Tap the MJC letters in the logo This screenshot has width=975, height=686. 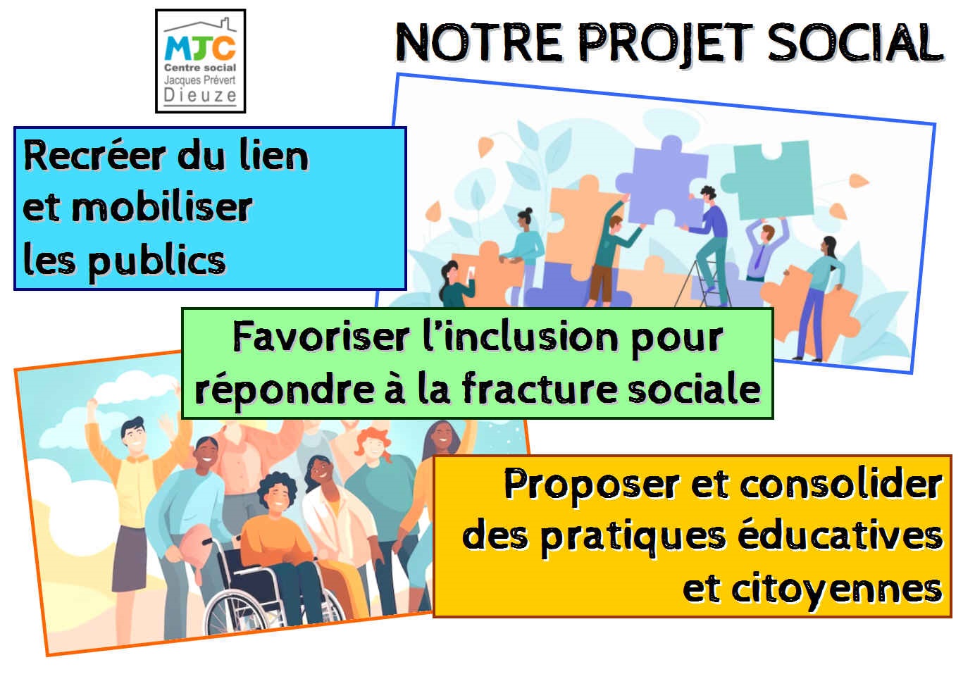pyautogui.click(x=200, y=48)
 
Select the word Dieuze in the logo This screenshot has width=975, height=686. pyautogui.click(x=200, y=95)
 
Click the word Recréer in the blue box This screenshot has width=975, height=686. pyautogui.click(x=94, y=156)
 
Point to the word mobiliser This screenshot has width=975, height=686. pyautogui.click(x=161, y=207)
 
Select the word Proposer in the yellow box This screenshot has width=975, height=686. pyautogui.click(x=591, y=486)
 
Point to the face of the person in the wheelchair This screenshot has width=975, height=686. pyautogui.click(x=278, y=497)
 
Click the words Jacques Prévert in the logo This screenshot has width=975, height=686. pyautogui.click(x=200, y=80)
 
